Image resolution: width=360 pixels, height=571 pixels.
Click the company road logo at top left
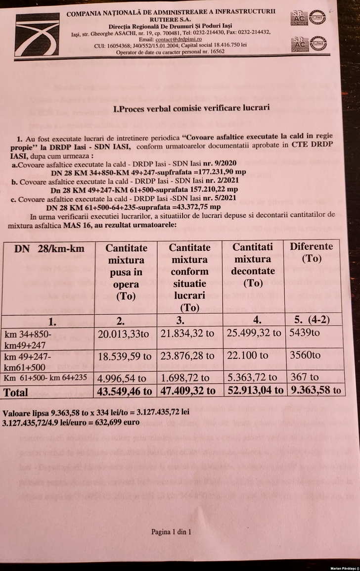[37, 35]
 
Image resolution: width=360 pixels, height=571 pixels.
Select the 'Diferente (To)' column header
[312, 252]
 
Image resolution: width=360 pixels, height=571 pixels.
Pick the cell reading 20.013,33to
[123, 333]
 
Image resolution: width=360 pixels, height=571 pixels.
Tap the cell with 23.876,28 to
[189, 355]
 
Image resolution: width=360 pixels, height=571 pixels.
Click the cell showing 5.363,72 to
[254, 377]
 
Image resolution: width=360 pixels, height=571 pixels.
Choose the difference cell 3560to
[305, 355]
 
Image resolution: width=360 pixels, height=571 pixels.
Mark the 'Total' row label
[16, 392]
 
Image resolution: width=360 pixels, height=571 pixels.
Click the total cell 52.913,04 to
[254, 390]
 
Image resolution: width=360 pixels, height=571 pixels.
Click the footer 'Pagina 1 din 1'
[171, 532]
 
